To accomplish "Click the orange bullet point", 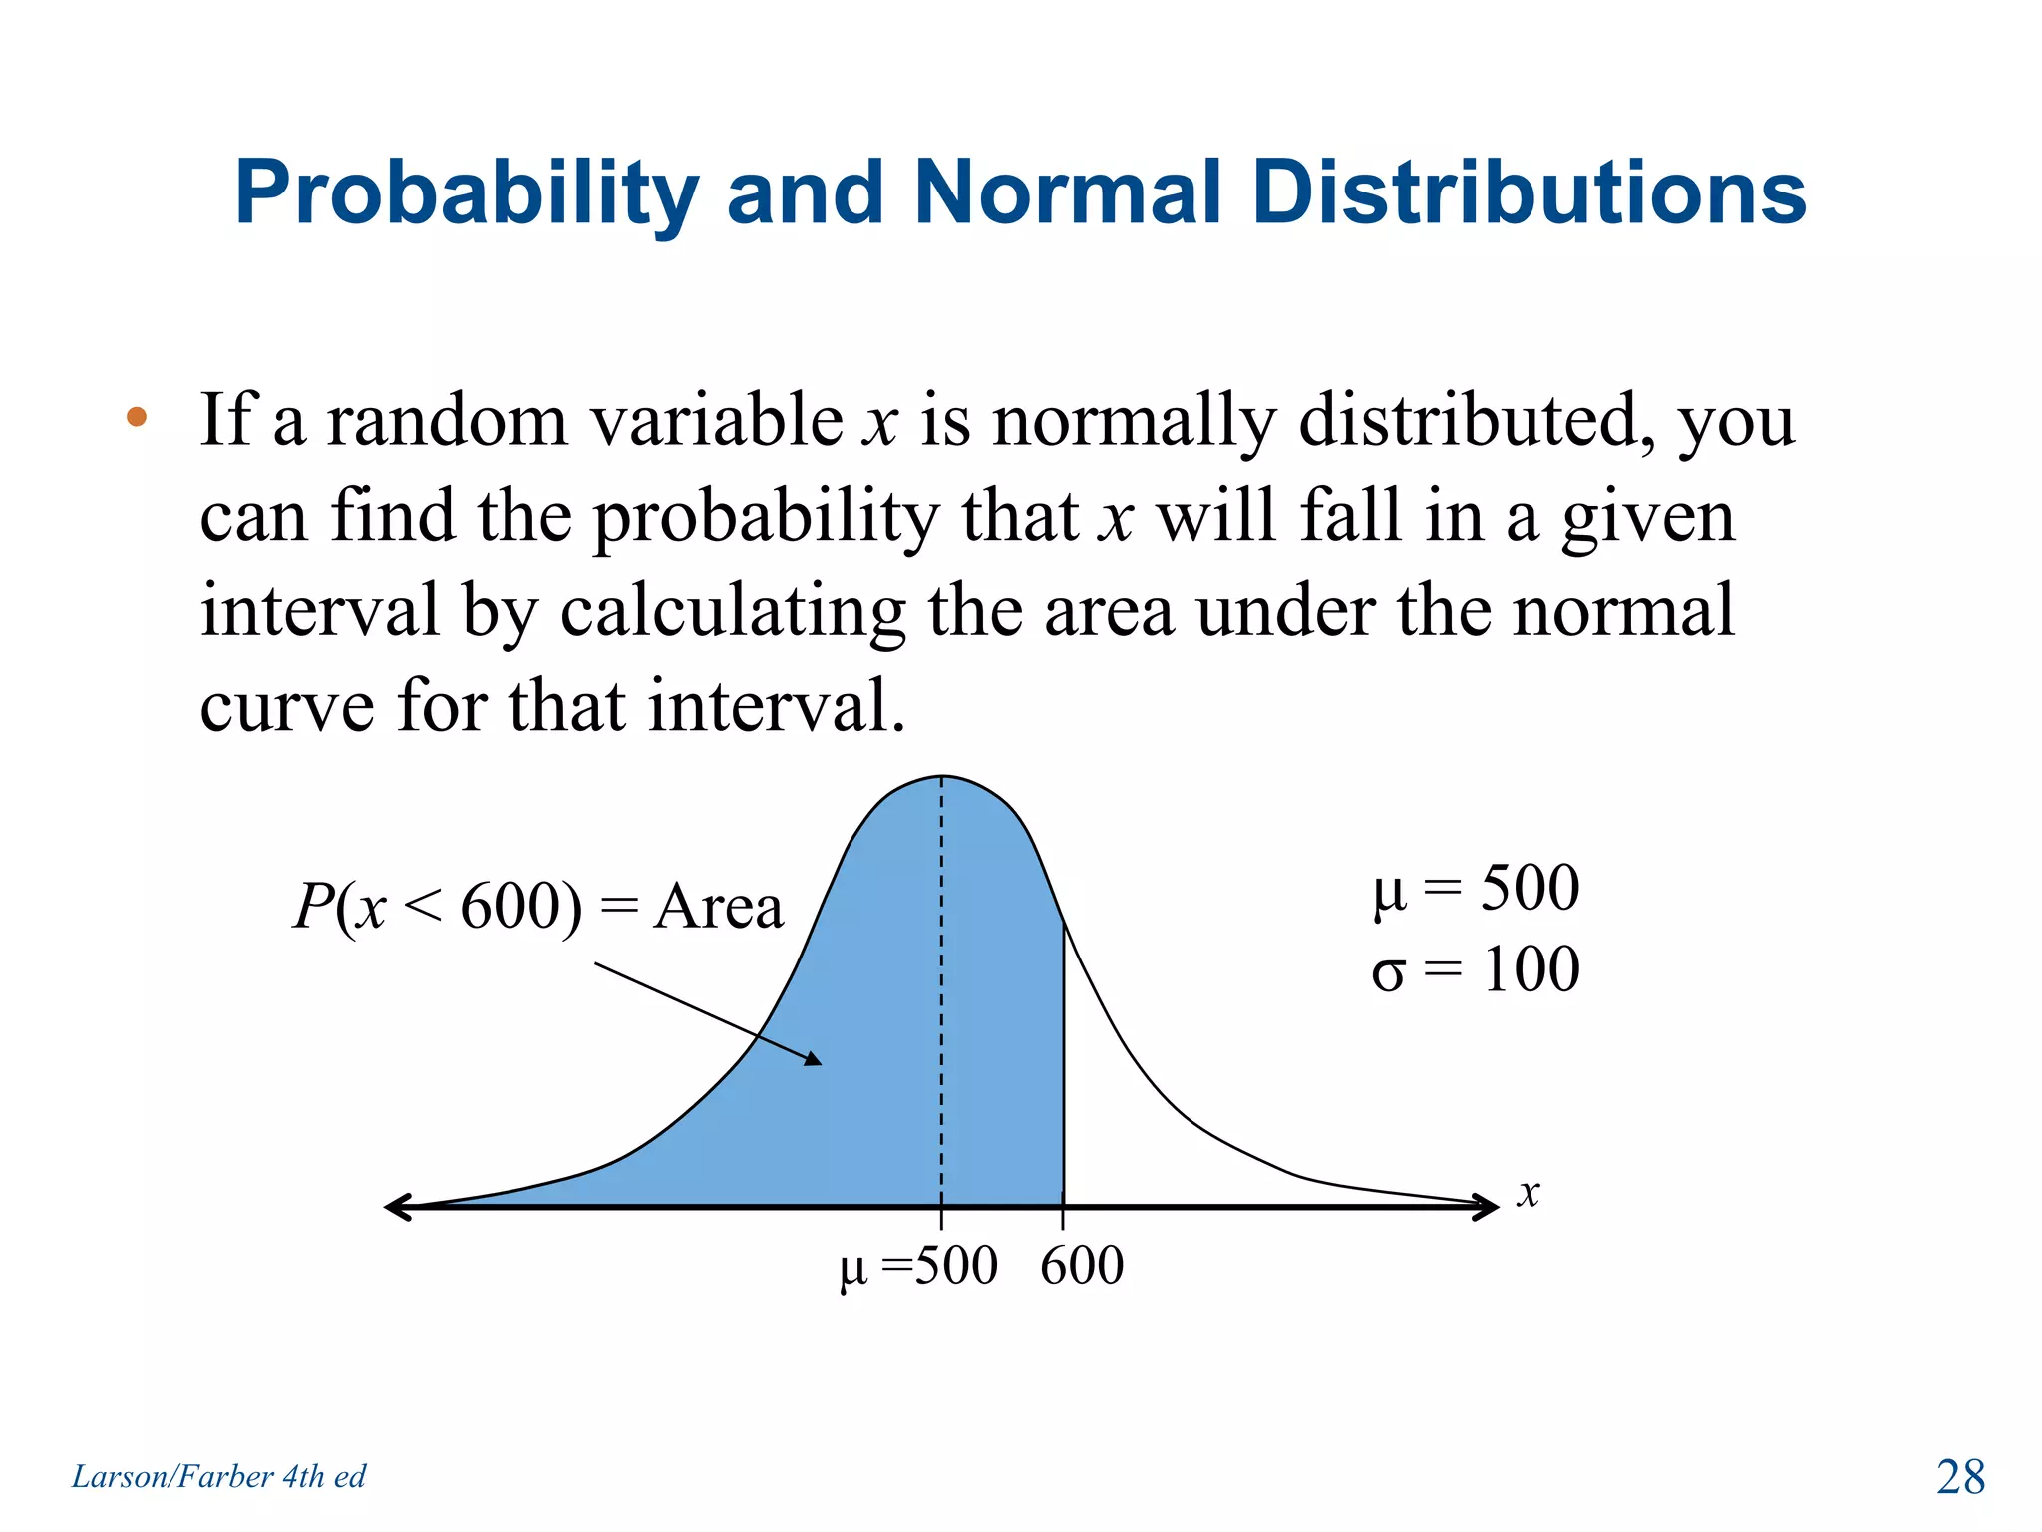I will [x=137, y=417].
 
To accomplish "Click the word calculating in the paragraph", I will [x=733, y=611].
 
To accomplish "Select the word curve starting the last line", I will [x=286, y=706].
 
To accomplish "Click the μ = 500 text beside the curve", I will [x=1476, y=887].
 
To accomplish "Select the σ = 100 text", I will [x=1476, y=969].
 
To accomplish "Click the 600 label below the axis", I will [x=1082, y=1266].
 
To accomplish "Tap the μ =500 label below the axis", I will [x=918, y=1267].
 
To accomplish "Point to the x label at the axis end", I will [x=1529, y=1193].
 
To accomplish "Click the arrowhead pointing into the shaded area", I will [x=813, y=1059].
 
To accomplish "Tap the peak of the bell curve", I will [x=942, y=777].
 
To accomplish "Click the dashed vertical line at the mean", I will [x=942, y=997].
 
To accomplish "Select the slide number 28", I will [x=1960, y=1477].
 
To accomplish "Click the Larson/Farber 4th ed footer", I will [x=218, y=1476].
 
